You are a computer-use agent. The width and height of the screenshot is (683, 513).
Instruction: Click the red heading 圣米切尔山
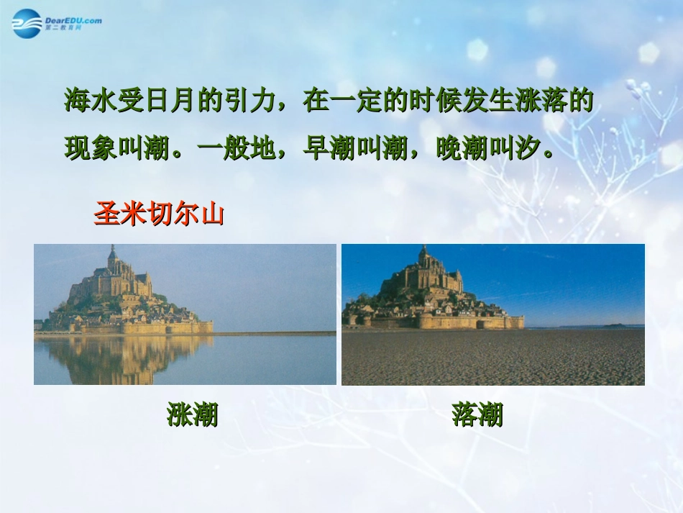(159, 214)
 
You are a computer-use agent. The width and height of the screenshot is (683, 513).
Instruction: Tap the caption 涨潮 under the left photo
(192, 414)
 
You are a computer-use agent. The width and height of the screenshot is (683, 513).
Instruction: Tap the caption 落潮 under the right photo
(477, 414)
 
